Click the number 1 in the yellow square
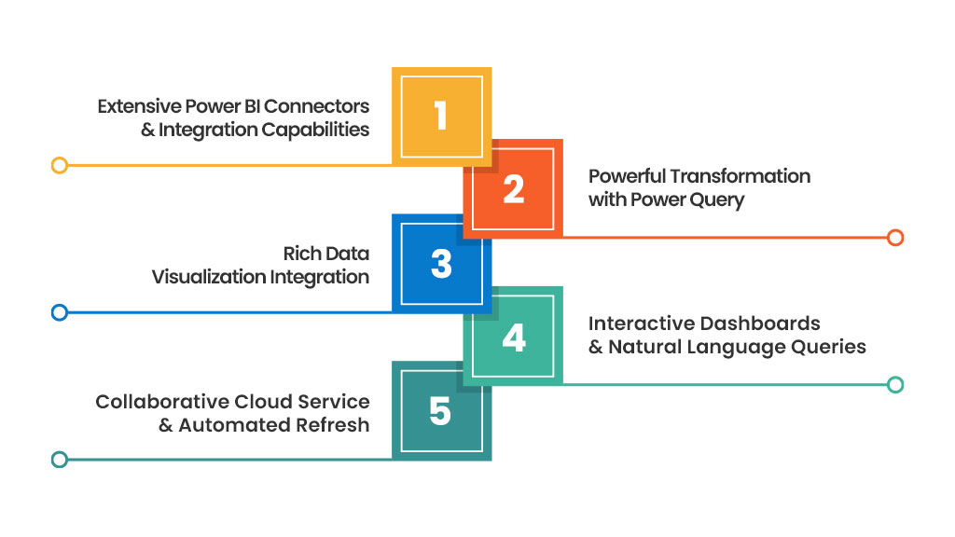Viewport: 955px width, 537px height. [x=441, y=117]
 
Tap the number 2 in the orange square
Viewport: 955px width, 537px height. [x=514, y=189]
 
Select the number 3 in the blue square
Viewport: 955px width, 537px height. [x=441, y=264]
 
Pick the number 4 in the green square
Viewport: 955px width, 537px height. [x=514, y=337]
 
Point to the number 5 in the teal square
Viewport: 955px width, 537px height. [x=441, y=411]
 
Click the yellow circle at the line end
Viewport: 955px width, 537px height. [x=59, y=166]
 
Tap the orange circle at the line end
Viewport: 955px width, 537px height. [x=895, y=238]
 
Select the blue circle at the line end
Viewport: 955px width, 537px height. [x=59, y=312]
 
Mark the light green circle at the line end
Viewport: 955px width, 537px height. [x=895, y=384]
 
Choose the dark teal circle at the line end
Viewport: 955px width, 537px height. [x=59, y=459]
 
